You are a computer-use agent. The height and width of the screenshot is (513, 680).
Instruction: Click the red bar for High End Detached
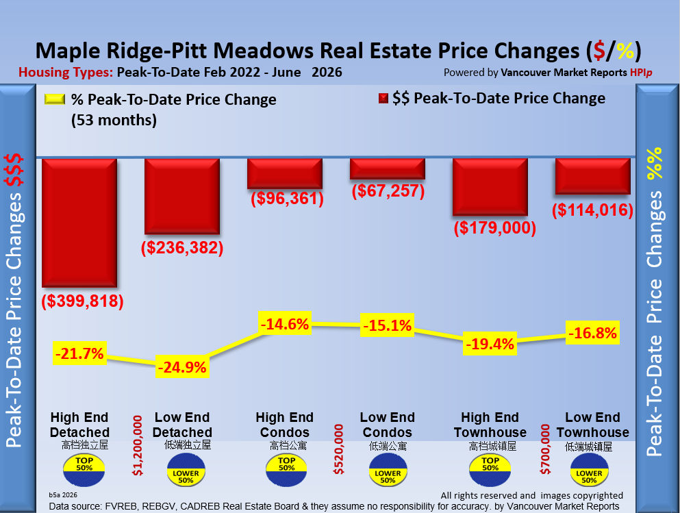tap(79, 223)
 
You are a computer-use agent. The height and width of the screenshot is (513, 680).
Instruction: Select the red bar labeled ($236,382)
tap(182, 197)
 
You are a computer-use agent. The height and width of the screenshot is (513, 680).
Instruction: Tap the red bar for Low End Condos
tap(388, 168)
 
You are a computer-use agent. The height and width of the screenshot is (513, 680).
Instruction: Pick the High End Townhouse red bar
tap(490, 187)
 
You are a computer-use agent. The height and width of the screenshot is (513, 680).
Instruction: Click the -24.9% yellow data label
tap(182, 367)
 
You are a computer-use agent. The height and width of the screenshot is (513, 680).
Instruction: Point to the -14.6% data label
tap(285, 324)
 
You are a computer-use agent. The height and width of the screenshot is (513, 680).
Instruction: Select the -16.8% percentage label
tap(592, 333)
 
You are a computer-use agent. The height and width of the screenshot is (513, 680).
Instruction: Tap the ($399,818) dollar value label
tap(82, 301)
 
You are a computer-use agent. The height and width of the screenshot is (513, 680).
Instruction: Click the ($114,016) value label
tap(592, 210)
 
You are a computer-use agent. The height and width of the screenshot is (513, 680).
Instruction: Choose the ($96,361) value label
tap(287, 198)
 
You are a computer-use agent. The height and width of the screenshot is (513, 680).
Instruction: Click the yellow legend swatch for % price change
tap(55, 99)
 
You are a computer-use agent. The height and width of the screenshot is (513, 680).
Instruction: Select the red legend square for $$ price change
tap(383, 99)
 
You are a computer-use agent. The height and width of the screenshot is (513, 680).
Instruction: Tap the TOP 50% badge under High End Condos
tap(286, 470)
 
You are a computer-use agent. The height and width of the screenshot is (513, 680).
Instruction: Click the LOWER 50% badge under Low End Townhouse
tap(590, 470)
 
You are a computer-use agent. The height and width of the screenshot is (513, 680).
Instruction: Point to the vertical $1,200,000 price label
tap(138, 445)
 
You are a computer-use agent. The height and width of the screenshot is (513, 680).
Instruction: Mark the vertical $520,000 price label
tap(338, 449)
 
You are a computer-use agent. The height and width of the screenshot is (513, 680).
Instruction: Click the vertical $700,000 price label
tap(545, 449)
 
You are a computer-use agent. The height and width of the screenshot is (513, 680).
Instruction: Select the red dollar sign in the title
tap(599, 51)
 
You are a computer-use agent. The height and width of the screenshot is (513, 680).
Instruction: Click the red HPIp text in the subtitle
tap(641, 73)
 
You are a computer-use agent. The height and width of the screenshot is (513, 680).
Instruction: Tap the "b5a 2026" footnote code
tap(63, 495)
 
